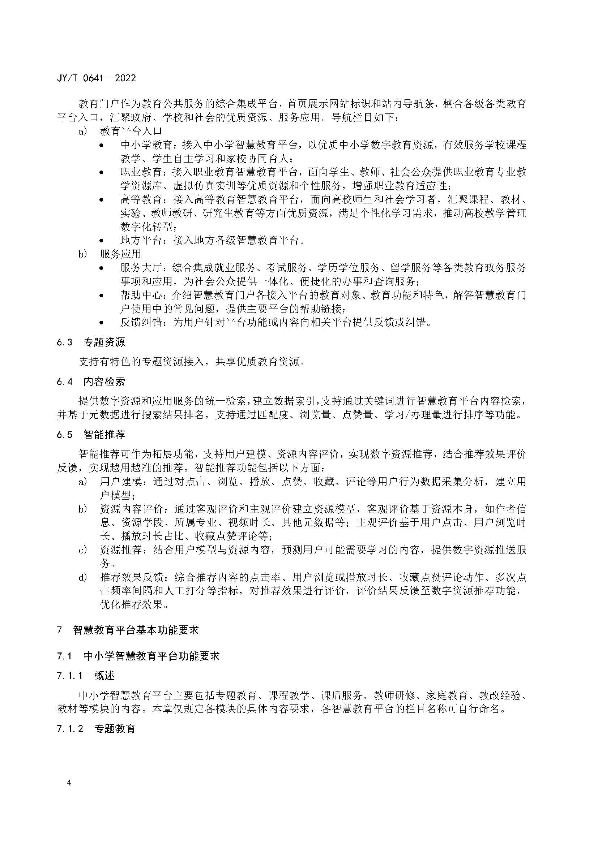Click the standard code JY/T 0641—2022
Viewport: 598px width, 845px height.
click(96, 78)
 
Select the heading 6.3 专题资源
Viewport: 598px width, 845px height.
click(91, 342)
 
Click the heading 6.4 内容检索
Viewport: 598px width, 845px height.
click(91, 381)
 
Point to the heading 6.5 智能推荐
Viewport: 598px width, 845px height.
click(91, 435)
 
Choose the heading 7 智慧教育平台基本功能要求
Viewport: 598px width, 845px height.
click(128, 630)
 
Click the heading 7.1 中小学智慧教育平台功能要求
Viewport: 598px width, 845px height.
click(138, 656)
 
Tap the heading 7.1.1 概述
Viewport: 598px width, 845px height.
click(86, 676)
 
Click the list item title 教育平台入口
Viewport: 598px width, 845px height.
click(131, 131)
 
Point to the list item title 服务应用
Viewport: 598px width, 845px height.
click(120, 254)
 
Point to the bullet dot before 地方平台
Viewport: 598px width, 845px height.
click(102, 241)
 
